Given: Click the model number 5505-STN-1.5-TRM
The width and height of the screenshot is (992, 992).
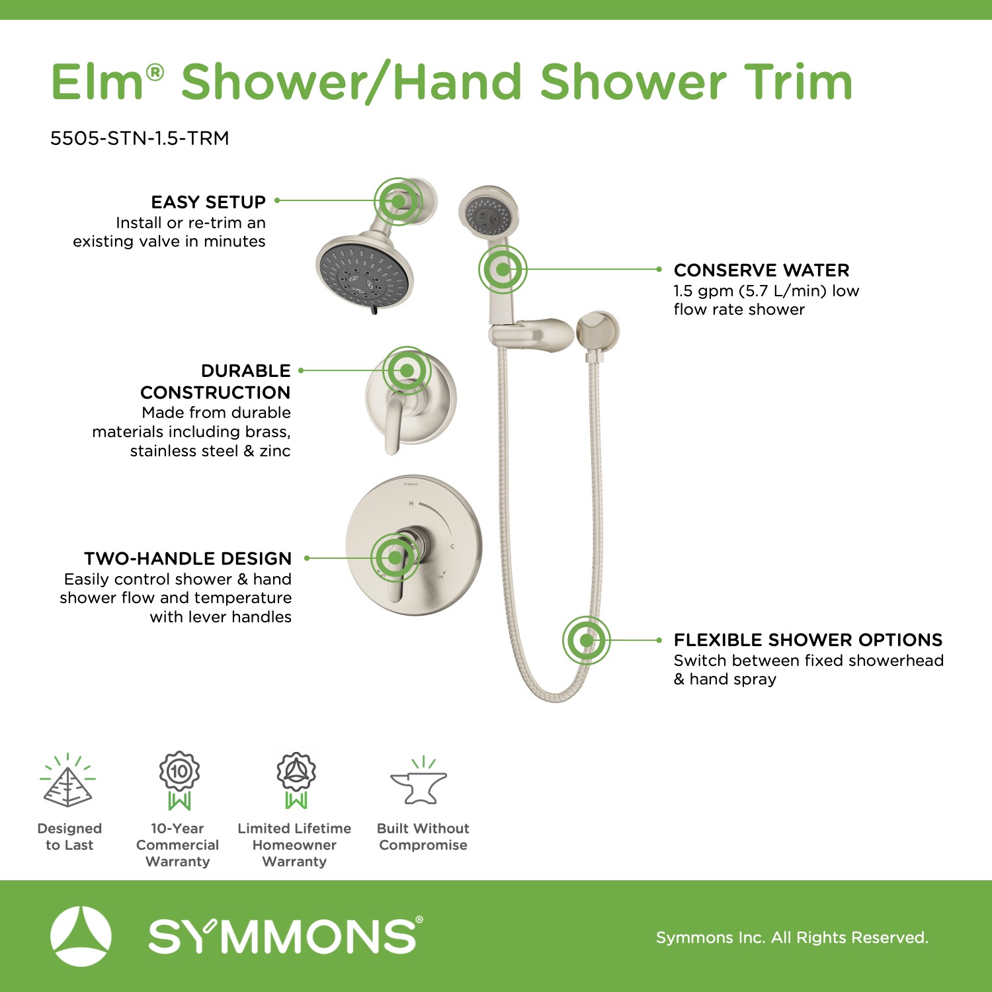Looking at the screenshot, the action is pos(140,138).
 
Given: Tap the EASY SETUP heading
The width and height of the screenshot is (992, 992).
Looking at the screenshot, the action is pos(208,202).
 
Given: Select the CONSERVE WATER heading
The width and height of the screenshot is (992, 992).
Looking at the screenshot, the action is pos(761,270).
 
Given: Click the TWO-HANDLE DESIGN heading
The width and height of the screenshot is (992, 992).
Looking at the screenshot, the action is pos(188,559).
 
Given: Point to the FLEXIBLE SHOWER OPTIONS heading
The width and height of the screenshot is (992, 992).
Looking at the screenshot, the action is pos(808,640).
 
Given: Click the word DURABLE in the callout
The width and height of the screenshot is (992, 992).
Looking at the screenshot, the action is pos(246,370).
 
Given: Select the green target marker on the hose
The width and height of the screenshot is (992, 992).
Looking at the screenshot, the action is pos(586,640).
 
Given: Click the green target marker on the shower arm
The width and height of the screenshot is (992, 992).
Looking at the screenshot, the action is pos(398,200).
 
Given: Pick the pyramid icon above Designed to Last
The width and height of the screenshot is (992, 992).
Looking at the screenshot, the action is pos(67,782).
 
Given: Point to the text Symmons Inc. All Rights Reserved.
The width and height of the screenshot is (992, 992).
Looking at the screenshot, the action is pos(792,937).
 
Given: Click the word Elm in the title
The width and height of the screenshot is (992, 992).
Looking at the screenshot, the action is pos(98,82).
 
